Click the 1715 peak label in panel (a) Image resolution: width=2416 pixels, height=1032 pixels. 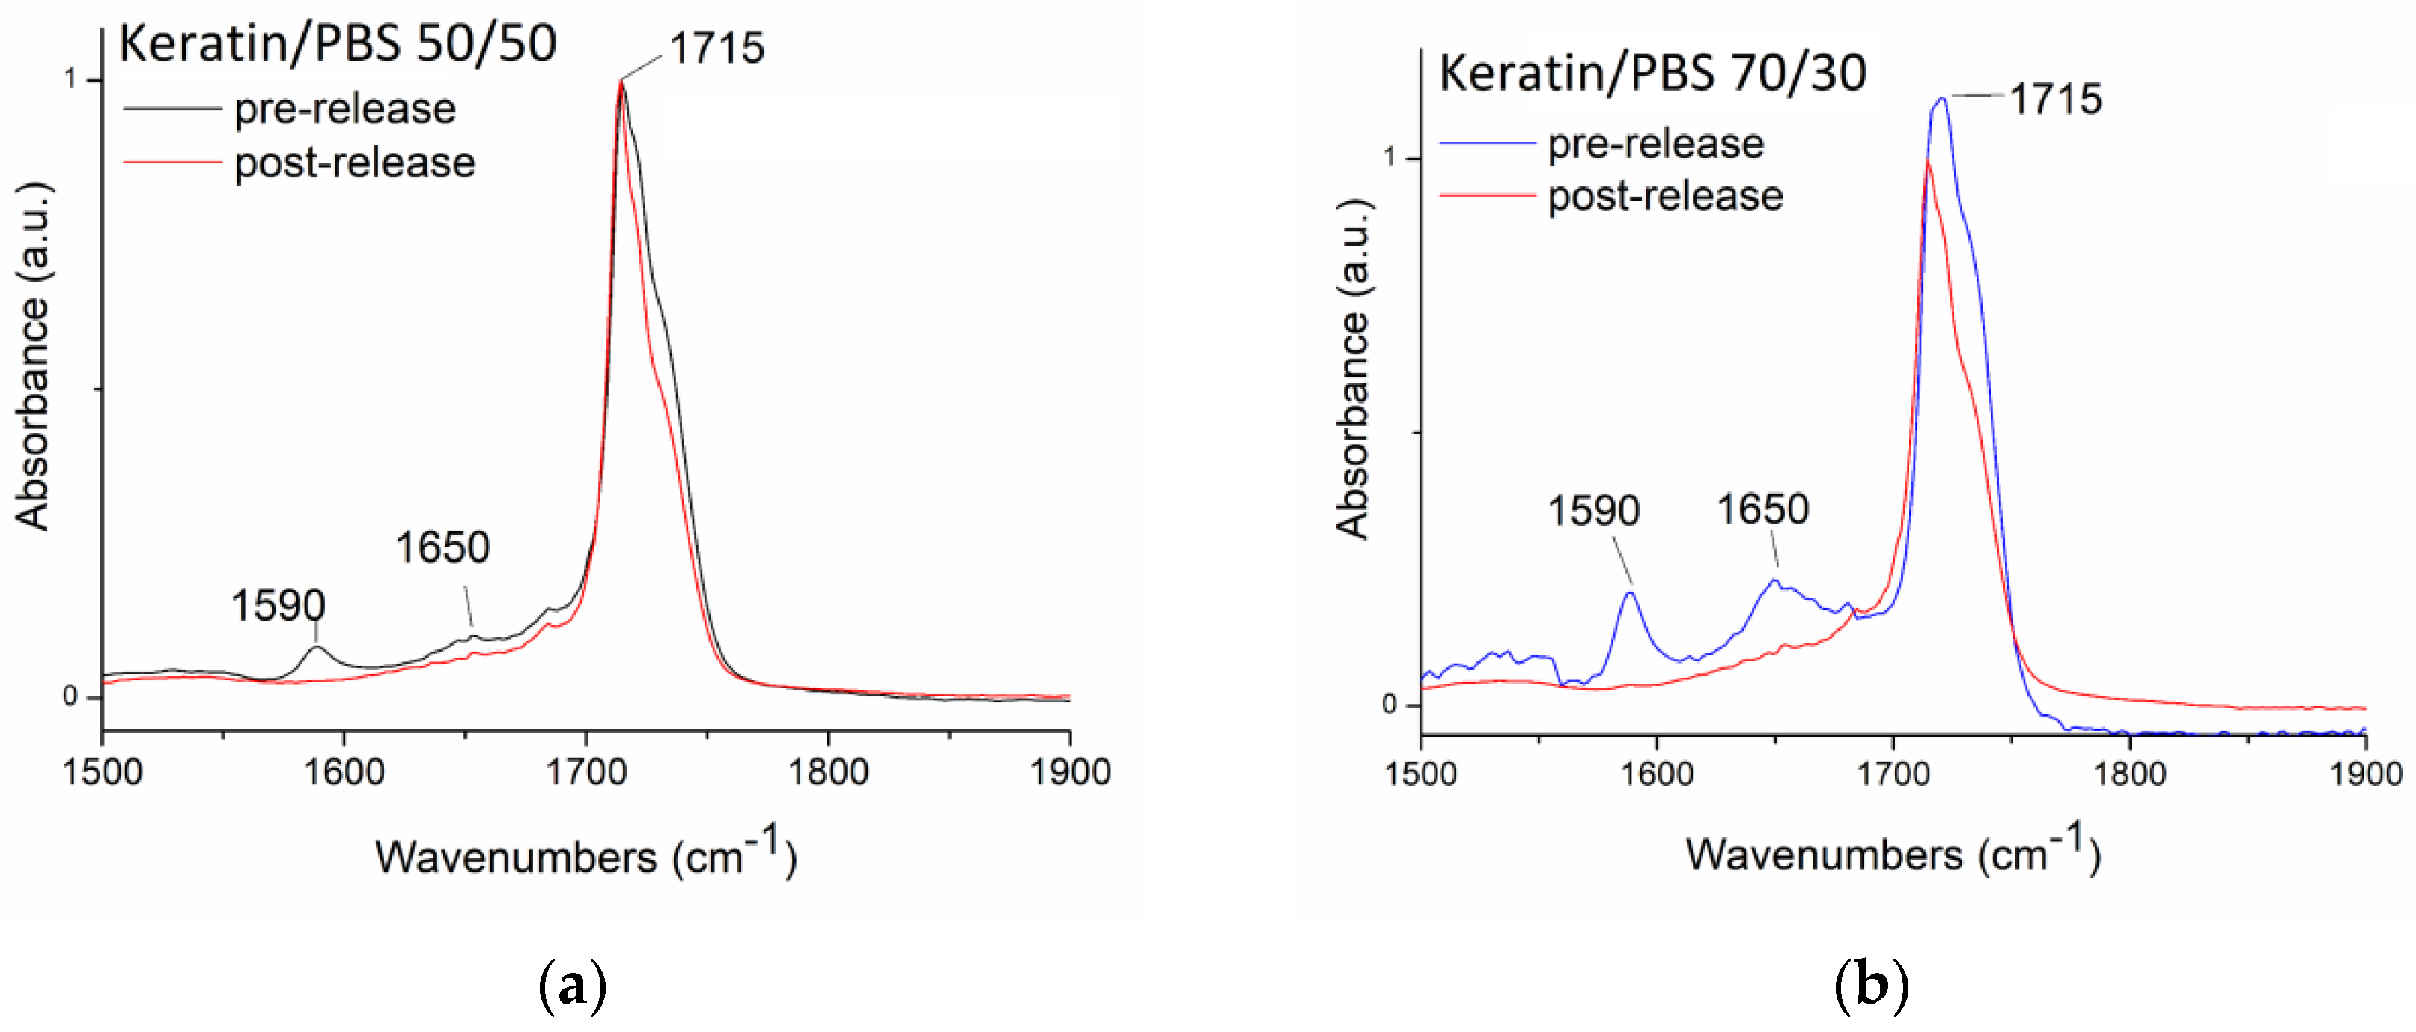(x=716, y=49)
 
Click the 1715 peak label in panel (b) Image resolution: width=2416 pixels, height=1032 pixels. (x=2055, y=100)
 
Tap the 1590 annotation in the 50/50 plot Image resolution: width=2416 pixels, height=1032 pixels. (x=278, y=606)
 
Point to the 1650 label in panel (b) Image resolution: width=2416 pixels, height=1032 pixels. (x=1762, y=510)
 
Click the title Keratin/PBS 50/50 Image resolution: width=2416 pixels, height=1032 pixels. (x=338, y=44)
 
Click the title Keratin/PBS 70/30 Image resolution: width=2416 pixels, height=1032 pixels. (x=1652, y=73)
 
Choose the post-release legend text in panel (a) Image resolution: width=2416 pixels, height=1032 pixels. (x=355, y=163)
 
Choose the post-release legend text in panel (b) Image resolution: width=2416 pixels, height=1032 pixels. (x=1665, y=196)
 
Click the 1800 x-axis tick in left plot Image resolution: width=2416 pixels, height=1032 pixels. (x=827, y=772)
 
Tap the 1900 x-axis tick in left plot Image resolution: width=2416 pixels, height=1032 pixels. (x=1069, y=772)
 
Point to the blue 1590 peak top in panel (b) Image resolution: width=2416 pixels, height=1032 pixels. (x=1631, y=592)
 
